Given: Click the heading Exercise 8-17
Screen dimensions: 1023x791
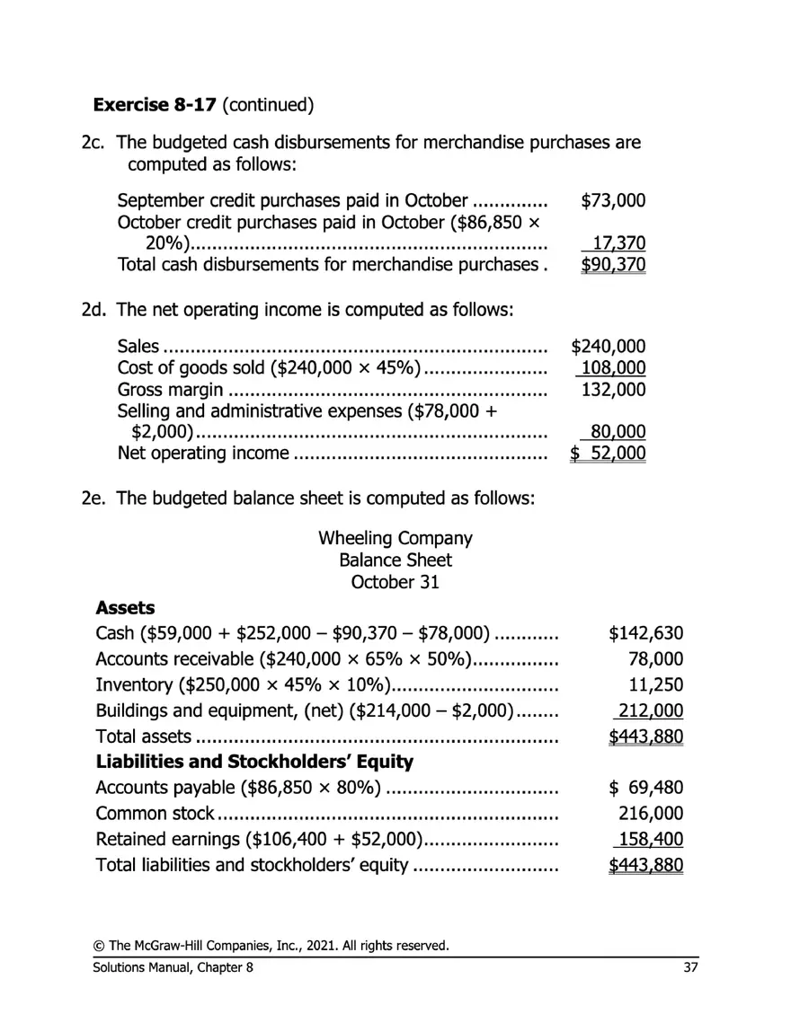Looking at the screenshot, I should tap(155, 105).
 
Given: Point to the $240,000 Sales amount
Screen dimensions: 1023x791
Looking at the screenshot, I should tap(609, 347).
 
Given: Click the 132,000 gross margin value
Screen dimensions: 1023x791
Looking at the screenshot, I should tap(613, 390).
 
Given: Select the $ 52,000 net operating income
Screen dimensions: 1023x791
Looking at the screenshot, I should tap(609, 453).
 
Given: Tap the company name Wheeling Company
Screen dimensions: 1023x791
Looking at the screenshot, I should tap(395, 539).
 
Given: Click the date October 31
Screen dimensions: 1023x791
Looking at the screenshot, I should tap(395, 582).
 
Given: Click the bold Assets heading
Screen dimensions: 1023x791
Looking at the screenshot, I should tap(125, 608).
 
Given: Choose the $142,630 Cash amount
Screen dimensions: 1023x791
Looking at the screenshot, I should tap(646, 634).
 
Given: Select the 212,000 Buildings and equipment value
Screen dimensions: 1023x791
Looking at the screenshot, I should tap(650, 711).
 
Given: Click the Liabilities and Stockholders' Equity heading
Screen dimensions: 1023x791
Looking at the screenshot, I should tap(254, 763).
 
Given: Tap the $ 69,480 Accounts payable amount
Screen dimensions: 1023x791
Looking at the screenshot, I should tap(646, 789).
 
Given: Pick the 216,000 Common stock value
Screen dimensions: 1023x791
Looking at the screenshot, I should tap(651, 814).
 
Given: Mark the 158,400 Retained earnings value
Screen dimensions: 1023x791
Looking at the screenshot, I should tap(650, 840).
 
